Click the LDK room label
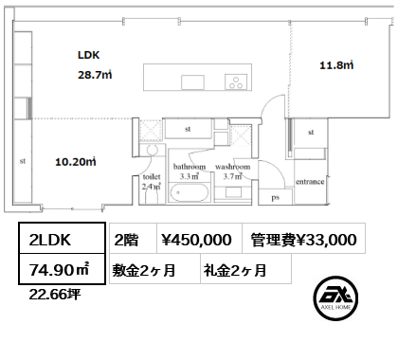[89, 55]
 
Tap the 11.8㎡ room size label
[335, 65]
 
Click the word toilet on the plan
[152, 177]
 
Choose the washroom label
[232, 167]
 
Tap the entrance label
[311, 180]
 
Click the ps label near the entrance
[275, 198]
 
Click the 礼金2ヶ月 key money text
[234, 271]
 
